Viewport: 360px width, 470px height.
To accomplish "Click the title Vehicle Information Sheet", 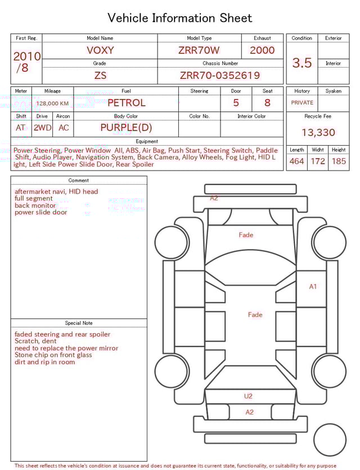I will point(180,18).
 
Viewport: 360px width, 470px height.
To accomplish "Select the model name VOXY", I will point(100,50).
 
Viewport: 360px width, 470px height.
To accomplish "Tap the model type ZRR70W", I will point(199,50).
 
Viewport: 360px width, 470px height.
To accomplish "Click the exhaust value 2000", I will point(262,50).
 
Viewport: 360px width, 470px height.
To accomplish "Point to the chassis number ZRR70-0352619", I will point(220,75).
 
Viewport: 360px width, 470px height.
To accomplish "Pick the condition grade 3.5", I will point(302,63).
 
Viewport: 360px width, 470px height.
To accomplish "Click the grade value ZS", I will point(100,75).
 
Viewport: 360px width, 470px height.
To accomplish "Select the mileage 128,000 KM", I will point(52,104).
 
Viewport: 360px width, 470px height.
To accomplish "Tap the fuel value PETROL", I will point(126,103).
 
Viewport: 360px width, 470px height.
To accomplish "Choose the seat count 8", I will point(267,103).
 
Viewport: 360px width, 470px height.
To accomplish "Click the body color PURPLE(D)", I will point(126,128).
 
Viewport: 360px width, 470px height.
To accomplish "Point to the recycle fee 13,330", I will point(318,132).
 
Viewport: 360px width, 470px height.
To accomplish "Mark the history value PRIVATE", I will point(302,103).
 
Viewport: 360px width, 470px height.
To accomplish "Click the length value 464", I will point(296,162).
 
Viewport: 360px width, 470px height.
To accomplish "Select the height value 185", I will point(339,162).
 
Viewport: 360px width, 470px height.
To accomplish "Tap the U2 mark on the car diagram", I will point(248,396).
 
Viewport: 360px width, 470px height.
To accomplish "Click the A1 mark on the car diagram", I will point(313,287).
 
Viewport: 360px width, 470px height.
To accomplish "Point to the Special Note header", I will point(79,323).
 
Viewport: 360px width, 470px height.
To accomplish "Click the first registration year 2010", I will point(26,56).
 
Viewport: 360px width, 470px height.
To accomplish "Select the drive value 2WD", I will point(42,128).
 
